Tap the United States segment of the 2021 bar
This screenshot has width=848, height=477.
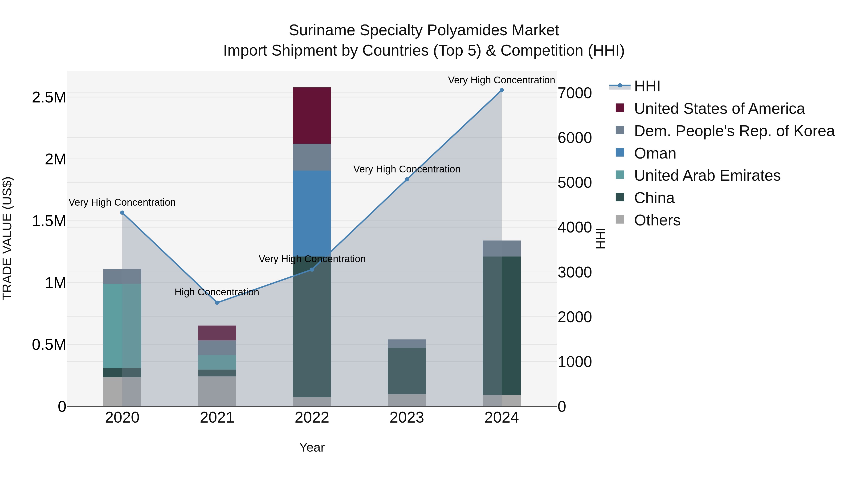(217, 333)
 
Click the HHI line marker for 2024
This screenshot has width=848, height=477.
(501, 90)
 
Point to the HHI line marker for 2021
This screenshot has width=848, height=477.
(217, 302)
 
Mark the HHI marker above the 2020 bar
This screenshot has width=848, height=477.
(122, 213)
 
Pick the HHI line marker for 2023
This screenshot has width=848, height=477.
(407, 179)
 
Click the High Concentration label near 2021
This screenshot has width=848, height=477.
(217, 292)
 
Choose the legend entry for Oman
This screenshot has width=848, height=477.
(655, 153)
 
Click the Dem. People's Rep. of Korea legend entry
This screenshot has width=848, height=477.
(734, 131)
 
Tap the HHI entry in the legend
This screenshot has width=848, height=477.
(647, 86)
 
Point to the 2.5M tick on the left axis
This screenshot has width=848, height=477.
(49, 98)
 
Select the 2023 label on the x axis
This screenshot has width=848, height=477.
(407, 418)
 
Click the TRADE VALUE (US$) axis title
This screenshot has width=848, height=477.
(7, 238)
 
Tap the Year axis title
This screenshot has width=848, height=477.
(312, 447)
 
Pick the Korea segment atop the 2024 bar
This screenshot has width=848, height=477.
(501, 249)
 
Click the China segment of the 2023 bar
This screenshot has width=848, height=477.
(407, 371)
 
